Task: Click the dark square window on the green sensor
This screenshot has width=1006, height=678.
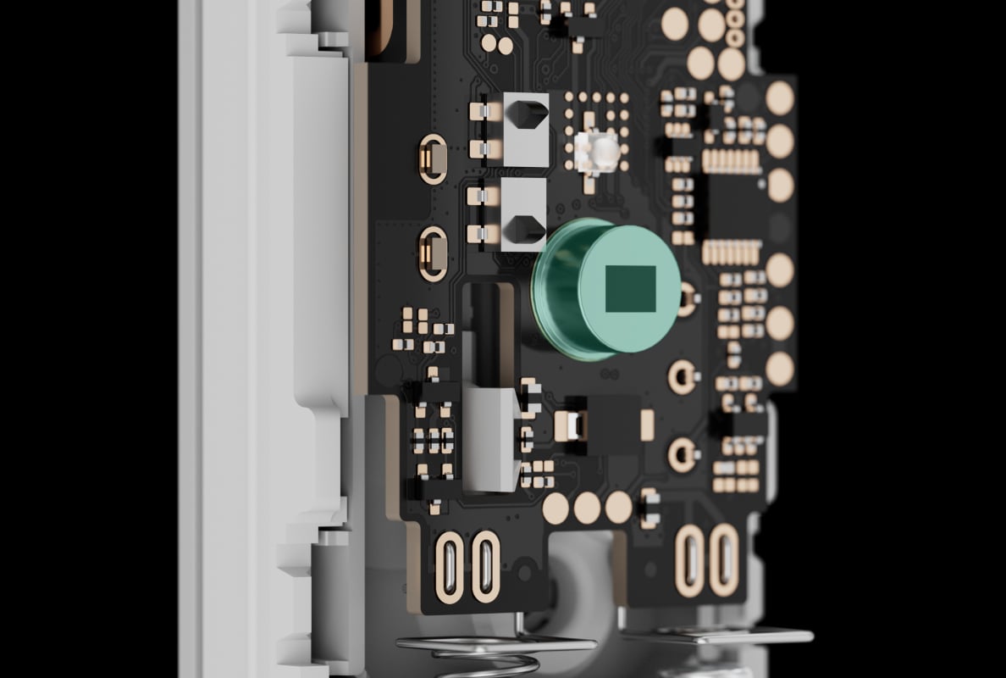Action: pyautogui.click(x=631, y=287)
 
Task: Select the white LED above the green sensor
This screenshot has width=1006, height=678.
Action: pyautogui.click(x=604, y=151)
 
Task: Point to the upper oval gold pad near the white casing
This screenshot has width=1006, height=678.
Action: pyautogui.click(x=433, y=158)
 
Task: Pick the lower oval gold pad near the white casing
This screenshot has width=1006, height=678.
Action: pyautogui.click(x=433, y=253)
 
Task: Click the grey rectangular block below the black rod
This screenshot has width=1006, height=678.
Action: pyautogui.click(x=492, y=439)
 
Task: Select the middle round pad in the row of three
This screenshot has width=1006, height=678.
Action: pyautogui.click(x=587, y=508)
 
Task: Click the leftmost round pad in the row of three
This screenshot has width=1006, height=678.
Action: pyautogui.click(x=556, y=508)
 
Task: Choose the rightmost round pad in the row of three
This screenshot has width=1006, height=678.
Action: pyautogui.click(x=618, y=507)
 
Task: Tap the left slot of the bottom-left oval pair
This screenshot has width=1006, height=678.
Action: pyautogui.click(x=450, y=566)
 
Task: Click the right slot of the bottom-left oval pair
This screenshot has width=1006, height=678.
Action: pyautogui.click(x=485, y=566)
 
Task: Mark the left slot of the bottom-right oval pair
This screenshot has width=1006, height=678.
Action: pyautogui.click(x=690, y=559)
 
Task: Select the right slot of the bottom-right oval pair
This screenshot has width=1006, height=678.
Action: pyautogui.click(x=724, y=559)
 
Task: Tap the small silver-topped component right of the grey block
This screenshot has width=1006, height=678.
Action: pyautogui.click(x=571, y=425)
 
